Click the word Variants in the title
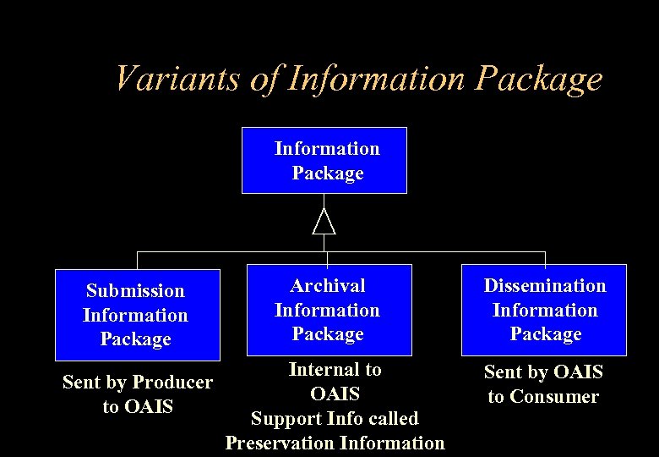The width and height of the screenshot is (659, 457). pyautogui.click(x=180, y=79)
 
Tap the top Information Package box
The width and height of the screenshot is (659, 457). pyautogui.click(x=324, y=161)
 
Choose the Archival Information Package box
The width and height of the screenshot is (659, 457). pyautogui.click(x=328, y=310)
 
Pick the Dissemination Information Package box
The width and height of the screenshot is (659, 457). pyautogui.click(x=544, y=310)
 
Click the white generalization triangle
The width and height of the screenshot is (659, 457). pyautogui.click(x=324, y=221)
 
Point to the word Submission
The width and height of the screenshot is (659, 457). pyautogui.click(x=135, y=291)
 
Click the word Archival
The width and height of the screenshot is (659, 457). pyautogui.click(x=328, y=286)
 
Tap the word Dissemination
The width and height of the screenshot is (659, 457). pyautogui.click(x=545, y=286)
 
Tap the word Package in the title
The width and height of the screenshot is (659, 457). pyautogui.click(x=539, y=79)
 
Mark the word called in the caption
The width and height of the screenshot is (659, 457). pyautogui.click(x=391, y=419)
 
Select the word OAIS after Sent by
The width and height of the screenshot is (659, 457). pyautogui.click(x=575, y=372)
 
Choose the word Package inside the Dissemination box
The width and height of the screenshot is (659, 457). pyautogui.click(x=545, y=334)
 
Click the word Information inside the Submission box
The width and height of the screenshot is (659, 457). pyautogui.click(x=135, y=315)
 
